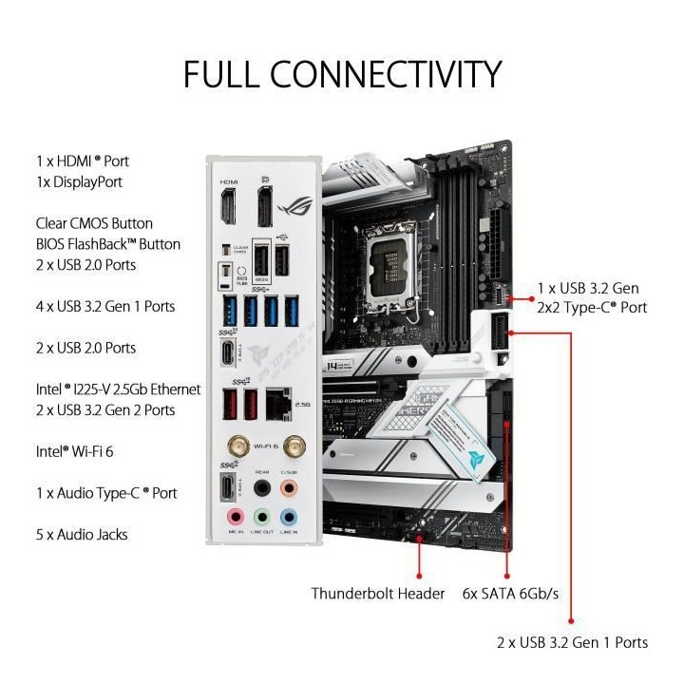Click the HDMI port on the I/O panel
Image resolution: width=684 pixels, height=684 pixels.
click(x=229, y=208)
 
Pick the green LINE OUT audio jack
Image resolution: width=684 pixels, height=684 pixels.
click(x=263, y=518)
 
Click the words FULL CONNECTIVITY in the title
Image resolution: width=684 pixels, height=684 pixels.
click(x=342, y=73)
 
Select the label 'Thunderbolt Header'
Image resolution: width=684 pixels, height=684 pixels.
click(x=378, y=594)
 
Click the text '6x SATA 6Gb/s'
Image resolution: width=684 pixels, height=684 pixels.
click(x=512, y=594)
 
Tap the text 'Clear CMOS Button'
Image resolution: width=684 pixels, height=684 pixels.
click(x=93, y=223)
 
